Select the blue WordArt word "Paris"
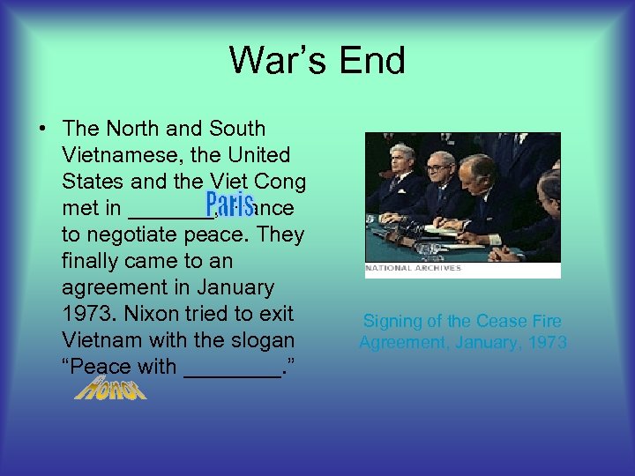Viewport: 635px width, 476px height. coord(229,206)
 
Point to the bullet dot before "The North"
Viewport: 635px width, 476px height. coord(42,130)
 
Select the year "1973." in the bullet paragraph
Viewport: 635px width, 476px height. coord(89,314)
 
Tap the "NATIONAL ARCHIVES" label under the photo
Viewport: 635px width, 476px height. coord(414,268)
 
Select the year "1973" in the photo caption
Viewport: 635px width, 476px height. coord(544,342)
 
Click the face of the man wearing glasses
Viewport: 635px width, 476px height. coord(438,168)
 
